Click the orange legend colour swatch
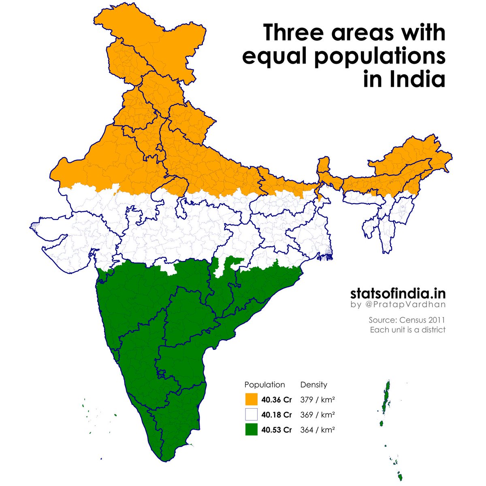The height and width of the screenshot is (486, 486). [x=252, y=399]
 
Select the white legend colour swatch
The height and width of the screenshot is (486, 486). [x=252, y=415]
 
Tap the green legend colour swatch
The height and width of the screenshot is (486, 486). [x=252, y=430]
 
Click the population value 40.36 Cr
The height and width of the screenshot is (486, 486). [x=277, y=400]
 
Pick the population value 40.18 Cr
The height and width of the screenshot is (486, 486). [x=277, y=415]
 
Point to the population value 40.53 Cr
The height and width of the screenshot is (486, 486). [x=277, y=430]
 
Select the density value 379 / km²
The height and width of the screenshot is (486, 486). [x=317, y=400]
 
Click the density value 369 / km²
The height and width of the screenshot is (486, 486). [x=317, y=415]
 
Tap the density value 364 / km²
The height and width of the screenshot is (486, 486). [x=317, y=430]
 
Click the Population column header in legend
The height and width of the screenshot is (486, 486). [x=264, y=385]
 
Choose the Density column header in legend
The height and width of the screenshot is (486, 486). [x=313, y=385]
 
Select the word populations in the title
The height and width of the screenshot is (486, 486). [x=378, y=57]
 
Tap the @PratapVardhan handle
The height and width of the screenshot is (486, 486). [x=405, y=305]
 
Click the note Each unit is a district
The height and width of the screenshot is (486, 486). [x=407, y=330]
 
